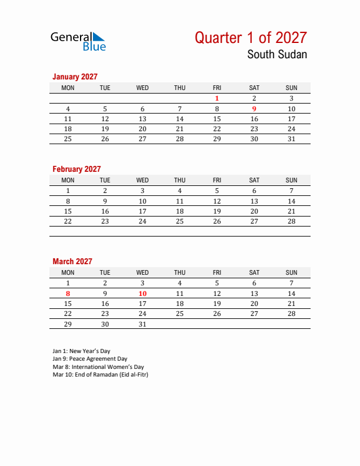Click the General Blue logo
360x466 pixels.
tap(78, 41)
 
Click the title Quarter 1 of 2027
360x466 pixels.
tap(251, 38)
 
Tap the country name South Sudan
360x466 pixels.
tap(276, 55)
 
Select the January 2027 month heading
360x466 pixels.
tap(75, 76)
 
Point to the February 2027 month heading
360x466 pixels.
tap(76, 169)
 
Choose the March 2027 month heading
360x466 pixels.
tap(72, 261)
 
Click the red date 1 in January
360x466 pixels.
tap(217, 99)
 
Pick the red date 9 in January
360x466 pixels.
tap(254, 109)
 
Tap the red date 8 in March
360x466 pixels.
tap(68, 294)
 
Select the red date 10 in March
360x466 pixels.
tap(142, 294)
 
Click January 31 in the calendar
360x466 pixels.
tap(291, 139)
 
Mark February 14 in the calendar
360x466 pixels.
tap(291, 201)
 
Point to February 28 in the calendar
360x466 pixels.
tap(291, 221)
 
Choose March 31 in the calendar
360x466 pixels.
tap(142, 324)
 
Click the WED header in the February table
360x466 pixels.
tap(142, 180)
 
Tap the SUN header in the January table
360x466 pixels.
tap(291, 88)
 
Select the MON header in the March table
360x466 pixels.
tap(68, 272)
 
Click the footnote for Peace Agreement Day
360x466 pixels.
tap(89, 358)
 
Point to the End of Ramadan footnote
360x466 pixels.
tap(100, 374)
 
